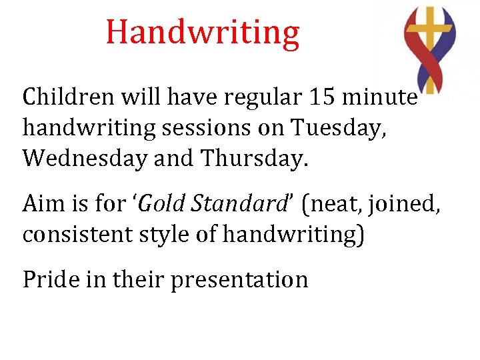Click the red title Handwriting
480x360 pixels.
tap(203, 33)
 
